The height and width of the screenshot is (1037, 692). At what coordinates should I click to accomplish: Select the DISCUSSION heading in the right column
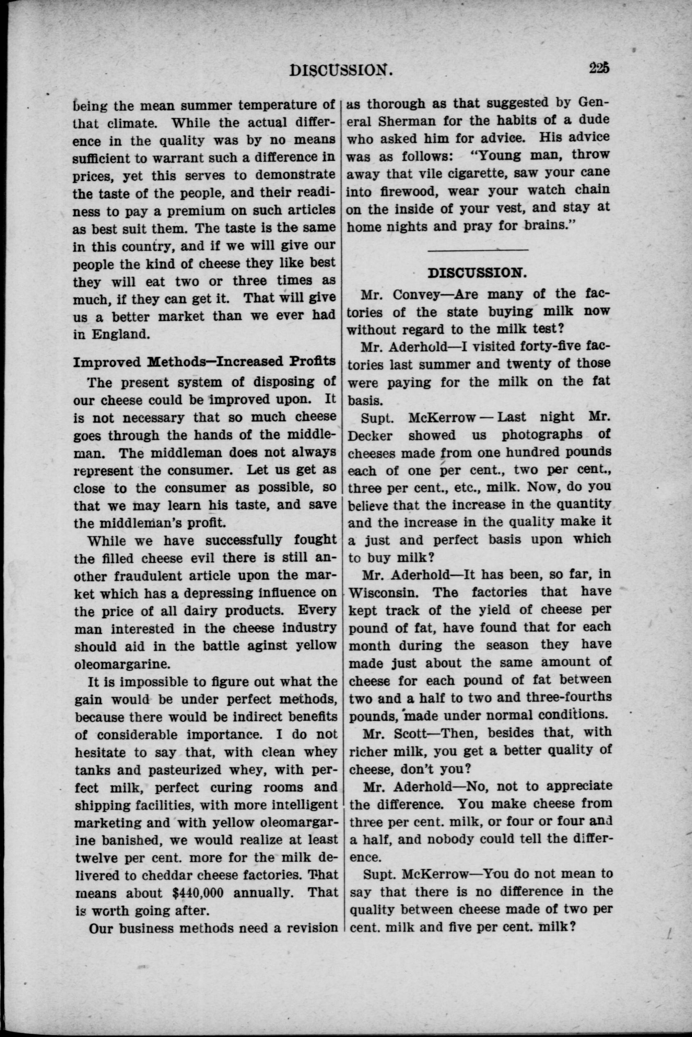(478, 272)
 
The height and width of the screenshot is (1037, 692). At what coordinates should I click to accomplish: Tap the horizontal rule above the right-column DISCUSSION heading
(478, 250)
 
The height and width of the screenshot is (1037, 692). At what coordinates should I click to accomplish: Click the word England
(121, 334)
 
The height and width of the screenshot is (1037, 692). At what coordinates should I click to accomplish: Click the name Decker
(370, 436)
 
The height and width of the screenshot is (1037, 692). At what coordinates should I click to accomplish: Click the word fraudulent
(163, 576)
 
